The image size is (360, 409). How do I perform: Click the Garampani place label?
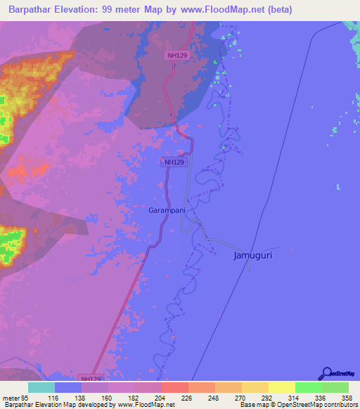167,209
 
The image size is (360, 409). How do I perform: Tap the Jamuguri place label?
252,256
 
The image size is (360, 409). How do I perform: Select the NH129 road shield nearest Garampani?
174,162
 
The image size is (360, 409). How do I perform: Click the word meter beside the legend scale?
11,398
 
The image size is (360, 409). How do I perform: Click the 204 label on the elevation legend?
160,398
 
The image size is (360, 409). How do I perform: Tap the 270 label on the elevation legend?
240,398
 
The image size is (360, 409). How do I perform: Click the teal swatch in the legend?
41,387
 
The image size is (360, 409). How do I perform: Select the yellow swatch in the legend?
281,387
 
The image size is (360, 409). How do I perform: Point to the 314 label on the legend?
294,398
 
